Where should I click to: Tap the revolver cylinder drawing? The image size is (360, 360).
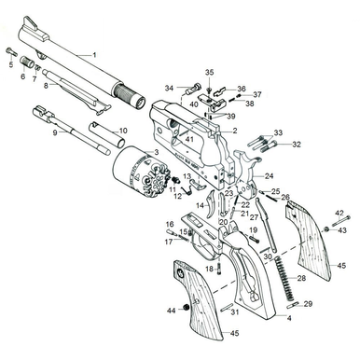(135, 174)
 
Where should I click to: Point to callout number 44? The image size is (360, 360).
(171, 310)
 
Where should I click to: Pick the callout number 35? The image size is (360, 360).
(209, 71)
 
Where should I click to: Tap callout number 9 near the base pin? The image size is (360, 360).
(55, 133)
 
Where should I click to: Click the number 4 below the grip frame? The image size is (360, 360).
(289, 318)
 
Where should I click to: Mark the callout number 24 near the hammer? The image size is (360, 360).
(269, 175)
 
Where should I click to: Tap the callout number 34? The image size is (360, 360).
(169, 89)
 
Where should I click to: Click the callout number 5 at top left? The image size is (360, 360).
(11, 66)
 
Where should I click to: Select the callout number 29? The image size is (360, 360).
(308, 304)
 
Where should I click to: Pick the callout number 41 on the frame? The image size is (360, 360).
(189, 141)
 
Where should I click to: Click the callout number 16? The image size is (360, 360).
(170, 224)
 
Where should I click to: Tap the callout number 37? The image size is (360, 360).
(256, 94)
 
